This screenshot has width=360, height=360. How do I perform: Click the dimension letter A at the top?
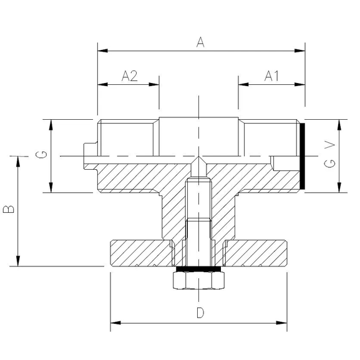200,41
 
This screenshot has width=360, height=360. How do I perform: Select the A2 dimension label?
129,76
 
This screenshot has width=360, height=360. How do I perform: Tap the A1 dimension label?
271,76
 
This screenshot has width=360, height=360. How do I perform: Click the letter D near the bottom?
200,313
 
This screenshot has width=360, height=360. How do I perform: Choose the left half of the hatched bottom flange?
140,253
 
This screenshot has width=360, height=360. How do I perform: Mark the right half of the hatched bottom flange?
256,253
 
